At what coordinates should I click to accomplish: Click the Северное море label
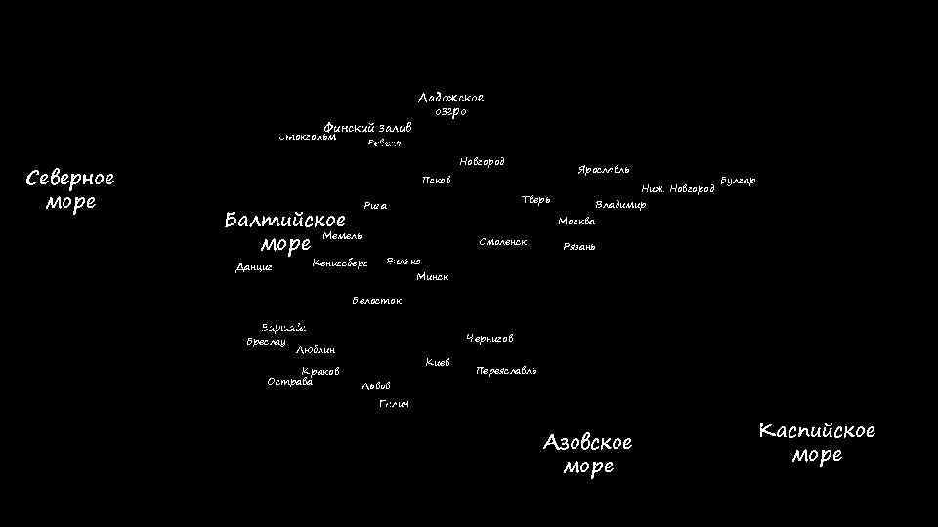(70, 189)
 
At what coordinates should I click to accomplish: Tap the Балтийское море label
(284, 230)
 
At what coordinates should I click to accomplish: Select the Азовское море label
(588, 454)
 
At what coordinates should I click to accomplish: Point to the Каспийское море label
(817, 442)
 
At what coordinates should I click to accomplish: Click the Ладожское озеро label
(450, 104)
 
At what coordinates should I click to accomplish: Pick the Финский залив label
(368, 128)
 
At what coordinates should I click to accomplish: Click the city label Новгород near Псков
(482, 161)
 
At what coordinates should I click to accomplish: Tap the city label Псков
(436, 181)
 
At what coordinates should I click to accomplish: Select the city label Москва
(576, 222)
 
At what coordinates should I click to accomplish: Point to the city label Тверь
(536, 200)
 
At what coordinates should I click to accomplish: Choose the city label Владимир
(620, 205)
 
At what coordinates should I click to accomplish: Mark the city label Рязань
(579, 247)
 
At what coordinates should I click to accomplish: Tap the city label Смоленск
(503, 241)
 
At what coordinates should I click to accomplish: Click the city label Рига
(375, 206)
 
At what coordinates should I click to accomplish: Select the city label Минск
(432, 277)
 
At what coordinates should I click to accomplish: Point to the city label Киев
(438, 363)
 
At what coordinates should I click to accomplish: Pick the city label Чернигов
(490, 339)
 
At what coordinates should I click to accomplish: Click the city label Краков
(320, 371)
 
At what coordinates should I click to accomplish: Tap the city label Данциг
(254, 267)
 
